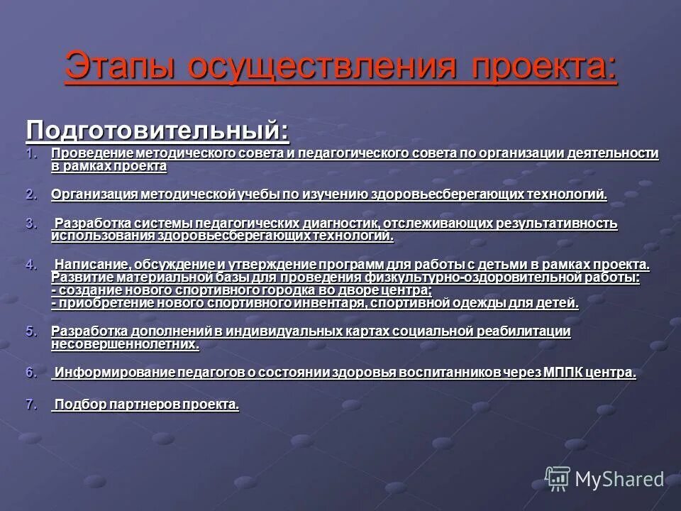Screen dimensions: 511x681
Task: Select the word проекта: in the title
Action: point(542,67)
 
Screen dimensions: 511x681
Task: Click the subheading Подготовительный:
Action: point(157,130)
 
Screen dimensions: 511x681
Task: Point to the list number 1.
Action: point(31,153)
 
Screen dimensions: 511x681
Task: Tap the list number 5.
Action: point(31,331)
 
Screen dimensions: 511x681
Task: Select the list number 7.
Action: point(31,405)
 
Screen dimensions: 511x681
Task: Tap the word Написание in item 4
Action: point(87,264)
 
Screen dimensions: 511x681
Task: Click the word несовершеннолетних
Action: point(124,344)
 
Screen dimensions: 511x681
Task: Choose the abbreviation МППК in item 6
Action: point(563,373)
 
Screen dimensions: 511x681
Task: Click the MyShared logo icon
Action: point(557,478)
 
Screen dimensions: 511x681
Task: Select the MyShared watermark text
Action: point(619,480)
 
